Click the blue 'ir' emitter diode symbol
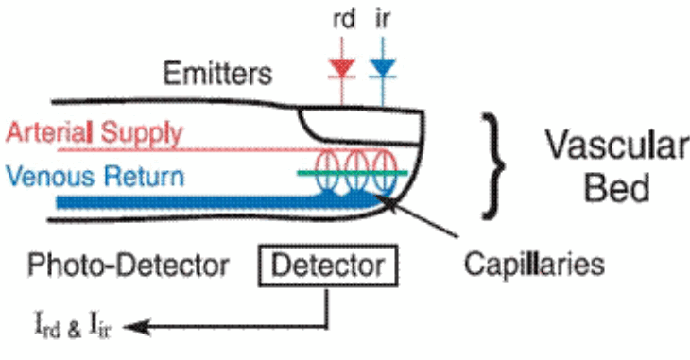pyautogui.click(x=383, y=66)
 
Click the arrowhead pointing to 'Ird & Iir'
pyautogui.click(x=129, y=327)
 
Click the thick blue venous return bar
pyautogui.click(x=208, y=201)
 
